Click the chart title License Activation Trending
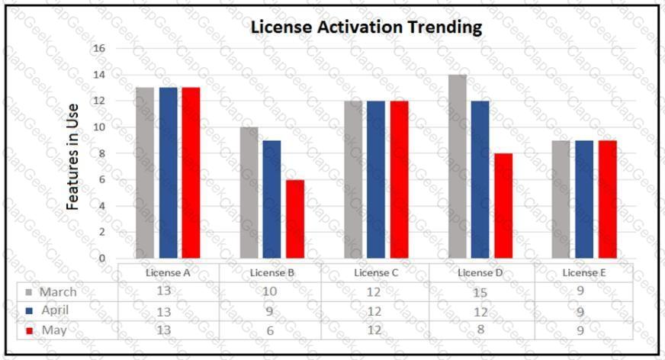pos(367,27)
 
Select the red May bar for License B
pos(294,219)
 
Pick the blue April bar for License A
pos(168,173)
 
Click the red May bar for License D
pos(503,206)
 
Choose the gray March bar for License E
pos(561,200)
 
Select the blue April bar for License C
pos(376,179)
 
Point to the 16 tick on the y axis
pos(99,48)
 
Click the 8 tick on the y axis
pos(102,153)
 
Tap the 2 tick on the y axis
pos(102,232)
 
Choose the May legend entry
pos(47,330)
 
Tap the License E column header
pos(581,272)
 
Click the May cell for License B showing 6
pos(270,331)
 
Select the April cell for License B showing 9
pos(270,311)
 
